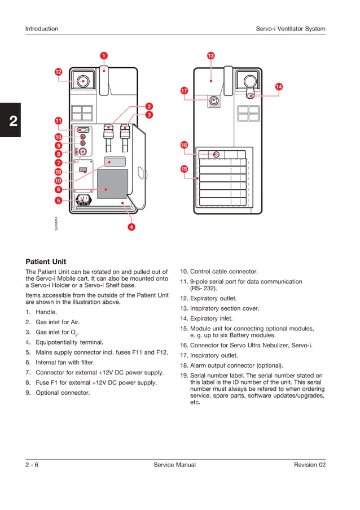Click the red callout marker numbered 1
tap(104, 55)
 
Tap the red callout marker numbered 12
tap(58, 72)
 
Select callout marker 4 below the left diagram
tap(131, 226)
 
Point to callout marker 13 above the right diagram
tap(210, 55)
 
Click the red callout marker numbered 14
tap(279, 86)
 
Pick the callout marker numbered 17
tap(184, 90)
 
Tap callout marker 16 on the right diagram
tap(184, 145)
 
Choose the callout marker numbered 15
tap(184, 169)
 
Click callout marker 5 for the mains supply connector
tap(58, 200)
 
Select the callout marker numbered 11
tap(58, 121)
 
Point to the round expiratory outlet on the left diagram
tap(84, 81)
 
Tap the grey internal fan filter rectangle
tap(112, 184)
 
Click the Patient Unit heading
tap(46, 261)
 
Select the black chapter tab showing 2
tap(10, 120)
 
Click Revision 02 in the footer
tap(309, 465)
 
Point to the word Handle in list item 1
tap(46, 312)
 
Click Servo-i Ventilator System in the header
tap(290, 29)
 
